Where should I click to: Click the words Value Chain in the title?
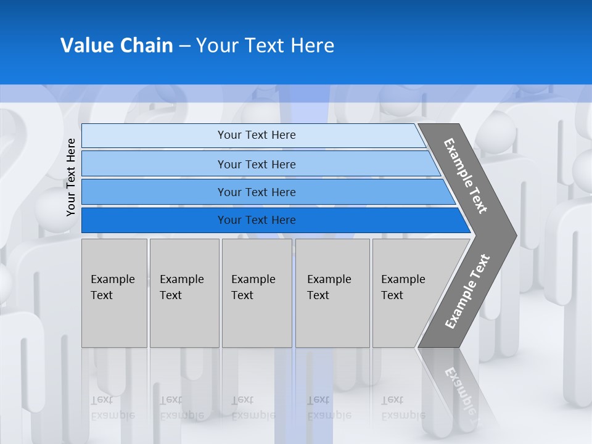117,46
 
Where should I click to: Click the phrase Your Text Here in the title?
265,46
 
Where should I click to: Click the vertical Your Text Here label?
71,177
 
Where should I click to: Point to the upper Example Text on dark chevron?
466,176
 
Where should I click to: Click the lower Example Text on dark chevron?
467,292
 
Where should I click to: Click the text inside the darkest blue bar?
257,220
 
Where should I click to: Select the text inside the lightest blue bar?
257,135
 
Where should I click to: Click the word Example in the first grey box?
112,279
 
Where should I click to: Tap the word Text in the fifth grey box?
392,295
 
